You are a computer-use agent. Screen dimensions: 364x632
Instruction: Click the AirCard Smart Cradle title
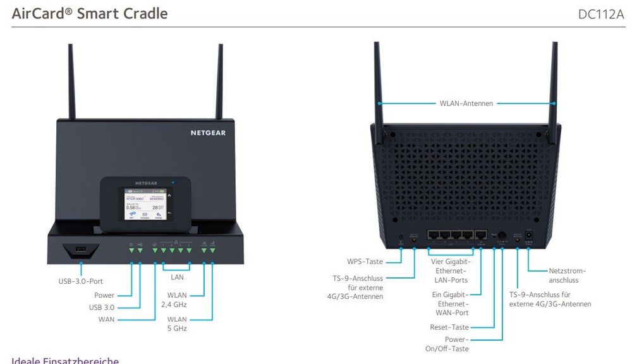click(90, 13)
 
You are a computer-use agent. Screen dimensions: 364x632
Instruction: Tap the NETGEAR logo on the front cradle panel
click(208, 133)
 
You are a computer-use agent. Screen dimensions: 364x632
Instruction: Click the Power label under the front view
click(104, 295)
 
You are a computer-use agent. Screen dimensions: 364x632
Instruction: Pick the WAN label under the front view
click(106, 319)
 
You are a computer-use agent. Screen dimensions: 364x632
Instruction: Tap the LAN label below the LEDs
click(178, 277)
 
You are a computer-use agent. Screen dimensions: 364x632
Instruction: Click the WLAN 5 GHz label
click(177, 324)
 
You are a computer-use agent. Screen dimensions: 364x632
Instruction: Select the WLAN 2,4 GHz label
click(177, 300)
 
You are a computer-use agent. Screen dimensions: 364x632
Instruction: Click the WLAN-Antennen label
click(466, 103)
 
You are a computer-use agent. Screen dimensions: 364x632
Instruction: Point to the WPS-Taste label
click(365, 261)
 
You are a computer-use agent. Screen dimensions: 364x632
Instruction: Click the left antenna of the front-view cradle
click(71, 82)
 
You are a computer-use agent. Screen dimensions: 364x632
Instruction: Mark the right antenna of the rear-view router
click(554, 82)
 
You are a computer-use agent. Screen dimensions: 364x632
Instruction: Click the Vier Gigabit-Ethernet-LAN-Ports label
click(449, 270)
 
